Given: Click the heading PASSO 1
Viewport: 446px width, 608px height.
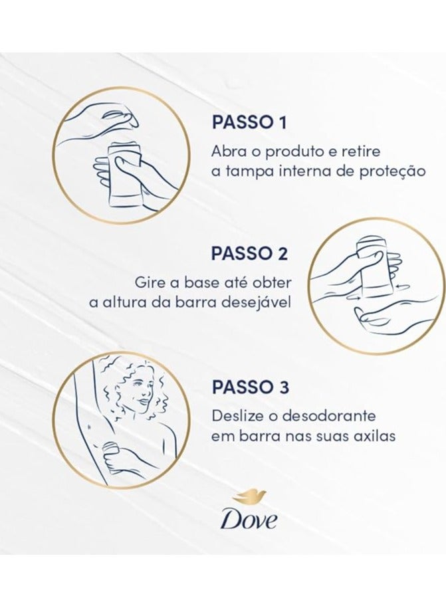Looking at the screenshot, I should [249, 122].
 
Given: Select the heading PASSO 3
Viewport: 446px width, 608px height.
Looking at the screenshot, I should [250, 387].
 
